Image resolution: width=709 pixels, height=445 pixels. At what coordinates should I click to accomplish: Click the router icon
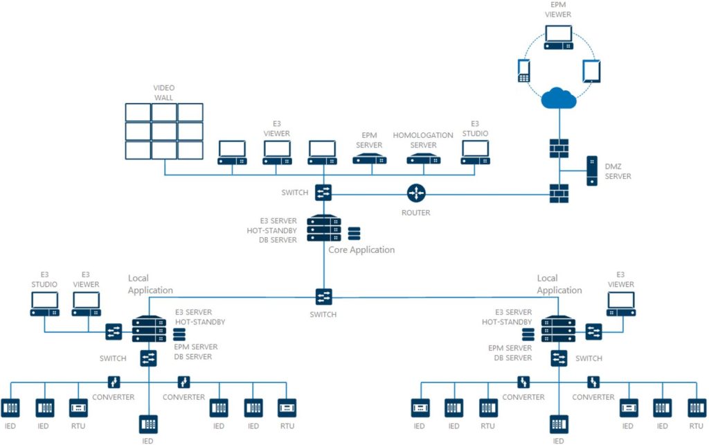click(416, 193)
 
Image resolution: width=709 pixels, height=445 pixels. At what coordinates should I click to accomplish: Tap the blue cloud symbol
click(559, 99)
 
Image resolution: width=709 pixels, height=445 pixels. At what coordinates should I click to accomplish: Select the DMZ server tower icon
click(592, 171)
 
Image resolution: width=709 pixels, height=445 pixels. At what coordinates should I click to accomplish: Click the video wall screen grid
click(164, 130)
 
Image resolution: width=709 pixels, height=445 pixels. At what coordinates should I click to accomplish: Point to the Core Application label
click(361, 250)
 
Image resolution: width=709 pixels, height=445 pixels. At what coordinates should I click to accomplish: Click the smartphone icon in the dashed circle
click(524, 70)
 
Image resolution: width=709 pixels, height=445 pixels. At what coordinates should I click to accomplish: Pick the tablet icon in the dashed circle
click(591, 71)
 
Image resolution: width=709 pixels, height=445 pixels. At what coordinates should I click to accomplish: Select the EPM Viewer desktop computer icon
click(558, 37)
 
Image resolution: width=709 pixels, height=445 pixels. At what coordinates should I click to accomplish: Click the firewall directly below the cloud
click(558, 149)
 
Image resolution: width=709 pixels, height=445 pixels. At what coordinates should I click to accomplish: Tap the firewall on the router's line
click(558, 193)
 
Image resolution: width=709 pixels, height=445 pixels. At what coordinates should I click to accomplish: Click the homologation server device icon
click(424, 160)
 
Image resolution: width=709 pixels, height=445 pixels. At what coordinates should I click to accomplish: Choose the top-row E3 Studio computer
click(475, 152)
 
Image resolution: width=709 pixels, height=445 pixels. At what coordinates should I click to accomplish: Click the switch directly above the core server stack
click(323, 193)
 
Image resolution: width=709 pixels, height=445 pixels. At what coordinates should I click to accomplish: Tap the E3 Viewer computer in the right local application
click(620, 304)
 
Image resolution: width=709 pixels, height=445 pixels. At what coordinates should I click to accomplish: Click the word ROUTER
click(415, 213)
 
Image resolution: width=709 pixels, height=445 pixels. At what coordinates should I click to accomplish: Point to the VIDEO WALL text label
click(164, 93)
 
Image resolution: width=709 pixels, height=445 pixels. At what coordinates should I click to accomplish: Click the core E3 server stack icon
click(323, 227)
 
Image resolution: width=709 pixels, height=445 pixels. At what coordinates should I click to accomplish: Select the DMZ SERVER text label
click(619, 172)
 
